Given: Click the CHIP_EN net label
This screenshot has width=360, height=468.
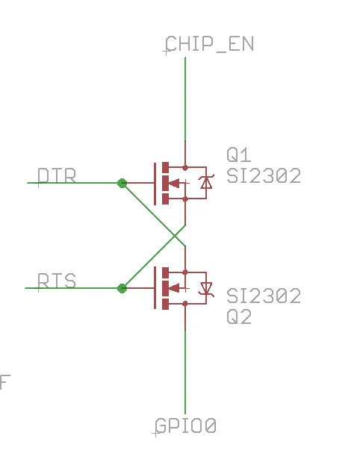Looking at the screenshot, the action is (x=209, y=43).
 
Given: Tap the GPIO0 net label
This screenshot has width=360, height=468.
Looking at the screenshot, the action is (x=185, y=425).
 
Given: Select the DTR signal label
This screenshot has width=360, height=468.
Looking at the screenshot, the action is (x=57, y=175).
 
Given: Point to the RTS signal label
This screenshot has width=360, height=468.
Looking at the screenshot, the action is (x=57, y=281).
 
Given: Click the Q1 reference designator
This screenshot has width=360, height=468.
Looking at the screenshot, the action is (x=238, y=155).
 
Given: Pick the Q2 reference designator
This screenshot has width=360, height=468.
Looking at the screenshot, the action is (x=239, y=316).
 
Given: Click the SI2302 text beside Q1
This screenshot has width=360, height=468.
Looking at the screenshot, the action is (x=264, y=175).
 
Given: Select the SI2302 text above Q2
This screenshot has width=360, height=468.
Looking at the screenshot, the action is (x=264, y=296).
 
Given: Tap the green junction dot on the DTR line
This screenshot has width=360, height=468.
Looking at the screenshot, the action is (x=122, y=183).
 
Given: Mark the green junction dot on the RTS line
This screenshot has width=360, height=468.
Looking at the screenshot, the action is (x=122, y=288).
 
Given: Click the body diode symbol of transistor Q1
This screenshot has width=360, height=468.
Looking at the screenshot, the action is (x=206, y=182).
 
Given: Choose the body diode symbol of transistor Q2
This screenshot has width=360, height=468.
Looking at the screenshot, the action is (x=206, y=289).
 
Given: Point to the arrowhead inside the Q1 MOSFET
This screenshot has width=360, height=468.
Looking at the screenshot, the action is (x=174, y=183).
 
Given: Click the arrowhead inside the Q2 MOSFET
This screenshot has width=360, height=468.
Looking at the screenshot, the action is (x=174, y=288).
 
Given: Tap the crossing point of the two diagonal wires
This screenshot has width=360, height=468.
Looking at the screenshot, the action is (x=175, y=236).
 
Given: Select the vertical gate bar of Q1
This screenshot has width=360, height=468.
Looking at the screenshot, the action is (x=155, y=184).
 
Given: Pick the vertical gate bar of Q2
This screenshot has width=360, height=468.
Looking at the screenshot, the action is (x=155, y=287).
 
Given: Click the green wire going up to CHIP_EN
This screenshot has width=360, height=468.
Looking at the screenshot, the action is (x=185, y=99).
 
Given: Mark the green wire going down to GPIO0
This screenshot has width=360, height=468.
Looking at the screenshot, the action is (x=185, y=372).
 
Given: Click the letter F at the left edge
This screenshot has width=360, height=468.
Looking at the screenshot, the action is (x=4, y=382).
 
